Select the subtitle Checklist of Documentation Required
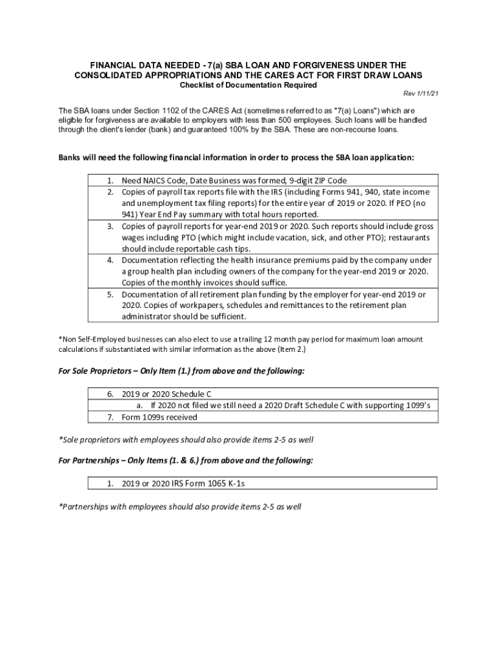pyautogui.click(x=248, y=85)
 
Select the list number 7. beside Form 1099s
pyautogui.click(x=110, y=416)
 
